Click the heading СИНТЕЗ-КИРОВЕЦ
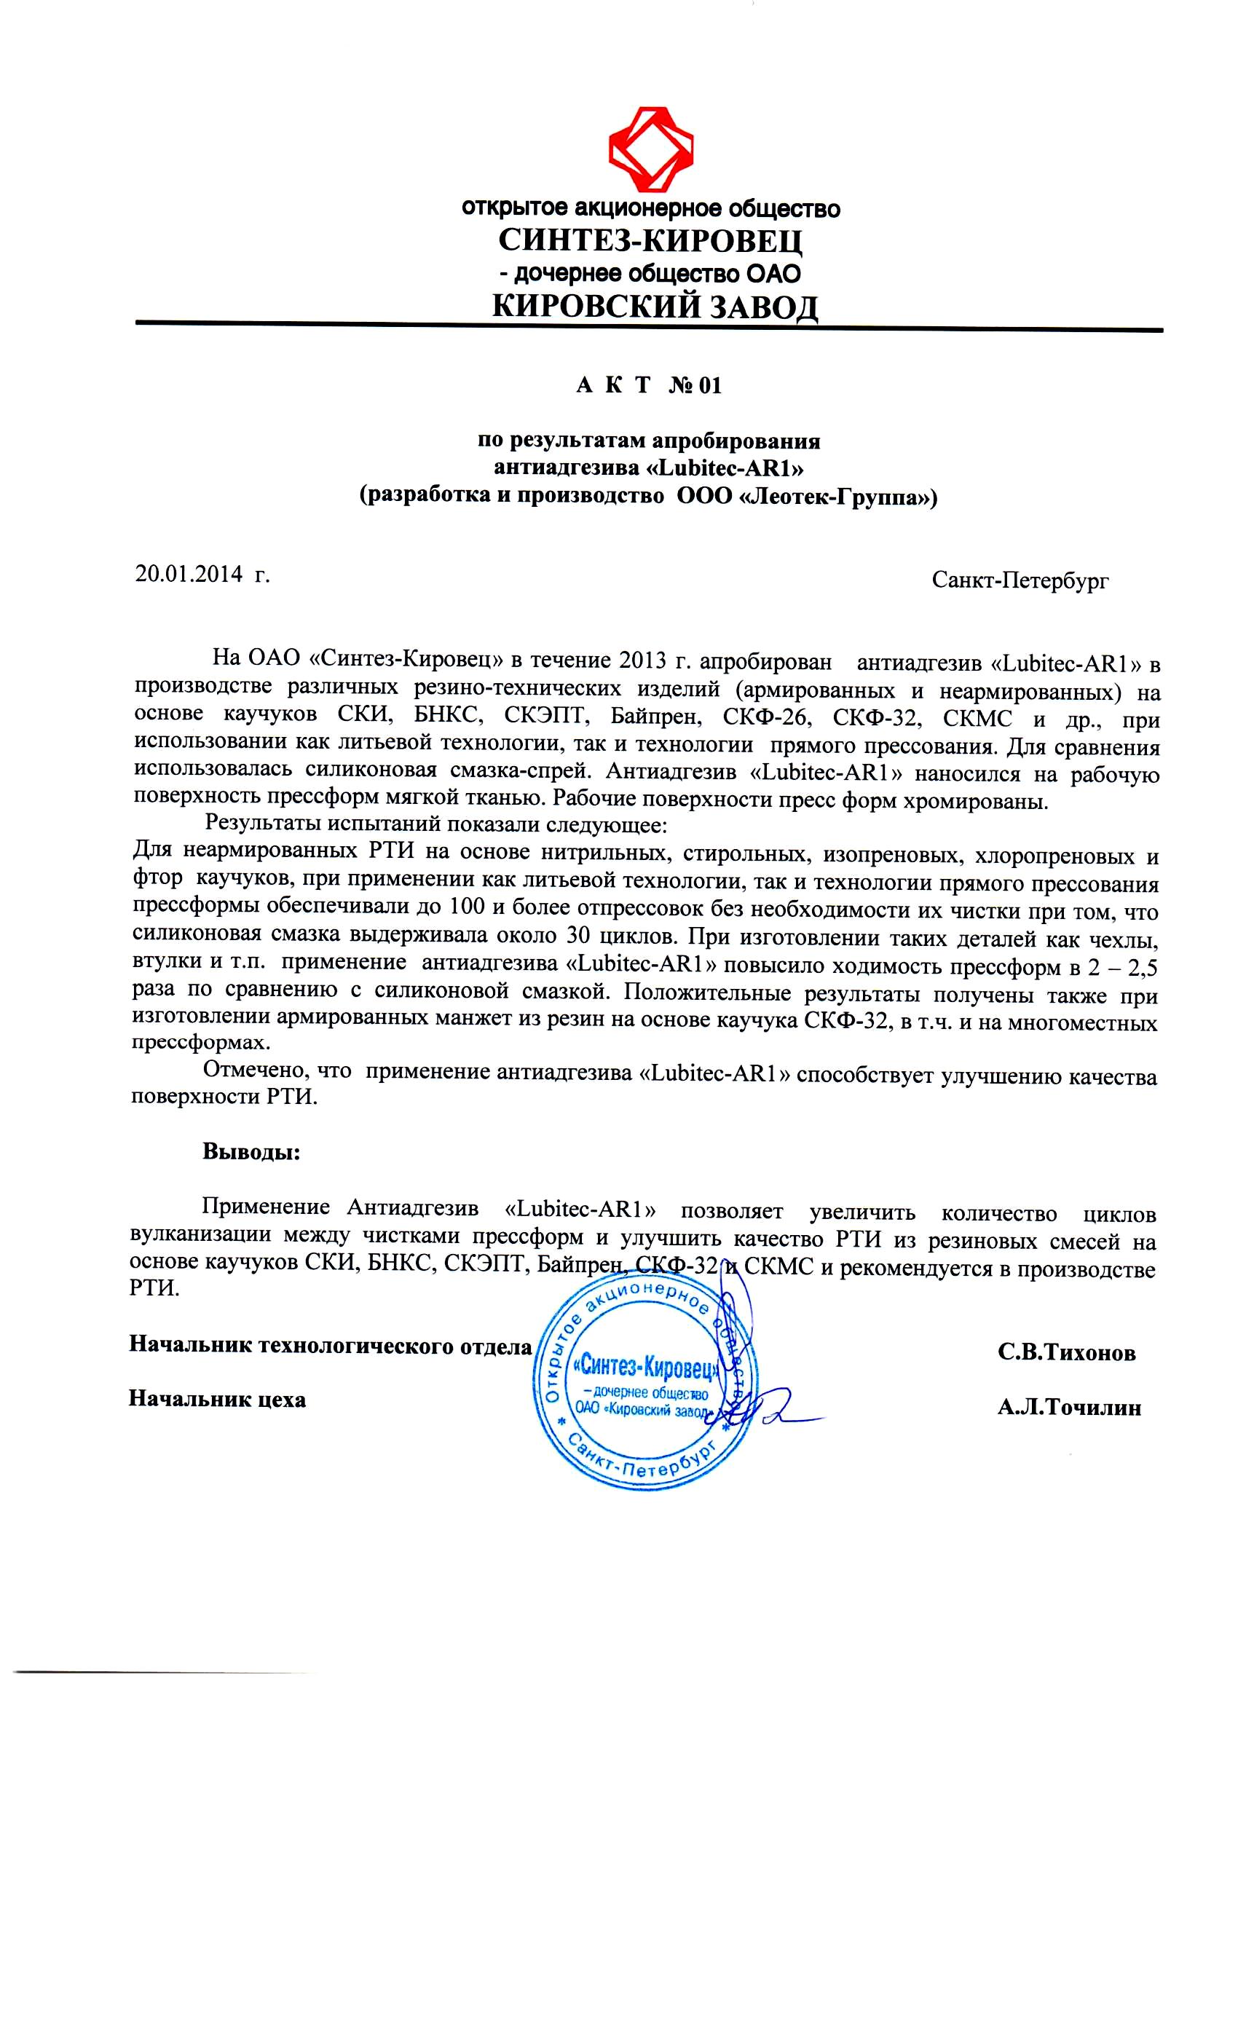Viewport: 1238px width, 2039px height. click(x=650, y=241)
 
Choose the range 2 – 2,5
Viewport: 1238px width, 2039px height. click(x=1116, y=966)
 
